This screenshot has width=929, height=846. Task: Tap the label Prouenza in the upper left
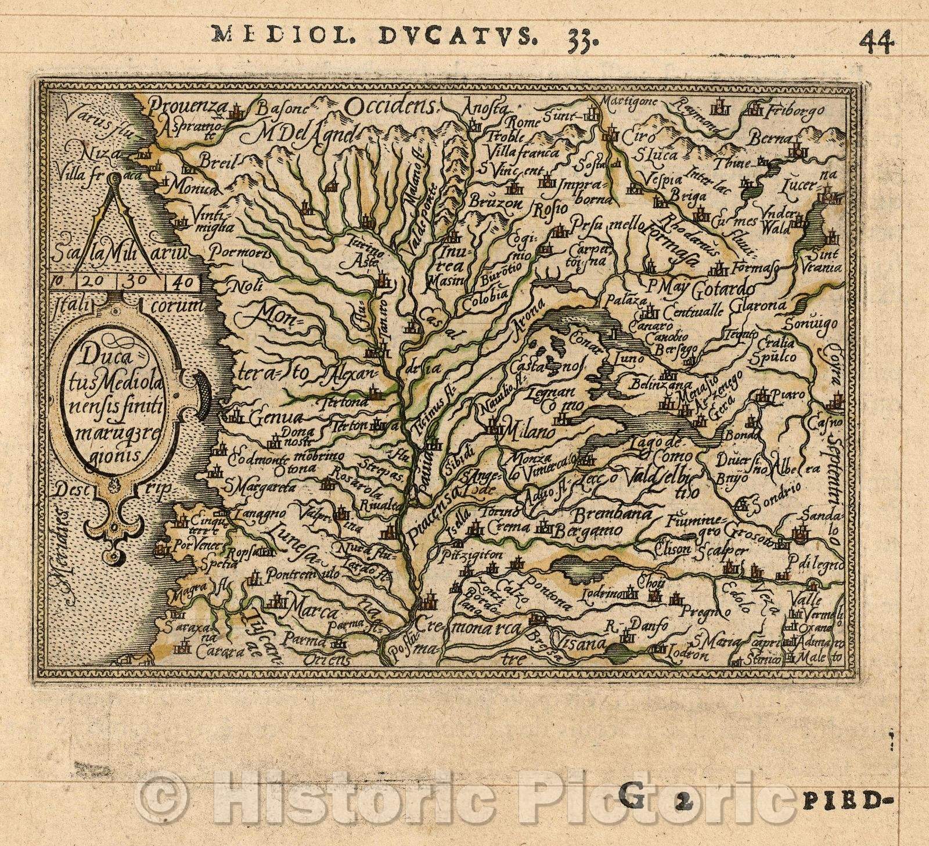[x=177, y=106]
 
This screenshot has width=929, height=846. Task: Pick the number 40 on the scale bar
[x=181, y=283]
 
